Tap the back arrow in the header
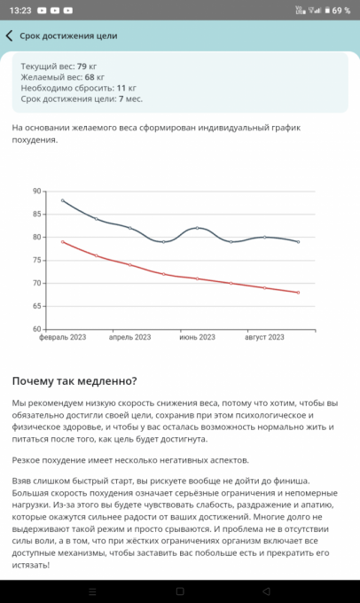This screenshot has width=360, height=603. click(9, 35)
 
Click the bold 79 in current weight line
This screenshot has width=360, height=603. click(82, 67)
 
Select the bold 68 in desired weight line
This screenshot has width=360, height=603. click(90, 77)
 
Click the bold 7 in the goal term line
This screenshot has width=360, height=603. click(121, 98)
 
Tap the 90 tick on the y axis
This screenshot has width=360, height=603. click(37, 192)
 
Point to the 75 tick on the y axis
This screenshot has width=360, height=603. click(37, 261)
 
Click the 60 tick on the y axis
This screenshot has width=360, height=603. click(37, 329)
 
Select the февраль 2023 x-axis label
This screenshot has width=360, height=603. click(63, 337)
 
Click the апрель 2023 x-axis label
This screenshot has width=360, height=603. click(130, 337)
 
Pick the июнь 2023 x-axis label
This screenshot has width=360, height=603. click(198, 337)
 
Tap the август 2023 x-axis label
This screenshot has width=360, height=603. click(264, 337)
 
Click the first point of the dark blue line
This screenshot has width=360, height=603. click(63, 200)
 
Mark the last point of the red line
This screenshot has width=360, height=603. click(298, 293)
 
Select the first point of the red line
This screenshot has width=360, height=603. click(63, 242)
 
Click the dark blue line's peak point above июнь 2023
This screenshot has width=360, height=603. click(198, 228)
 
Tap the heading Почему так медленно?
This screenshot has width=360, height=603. click(74, 381)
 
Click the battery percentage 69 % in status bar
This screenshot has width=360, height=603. click(341, 11)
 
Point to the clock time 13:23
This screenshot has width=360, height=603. click(20, 11)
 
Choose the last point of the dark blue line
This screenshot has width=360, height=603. click(298, 242)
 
